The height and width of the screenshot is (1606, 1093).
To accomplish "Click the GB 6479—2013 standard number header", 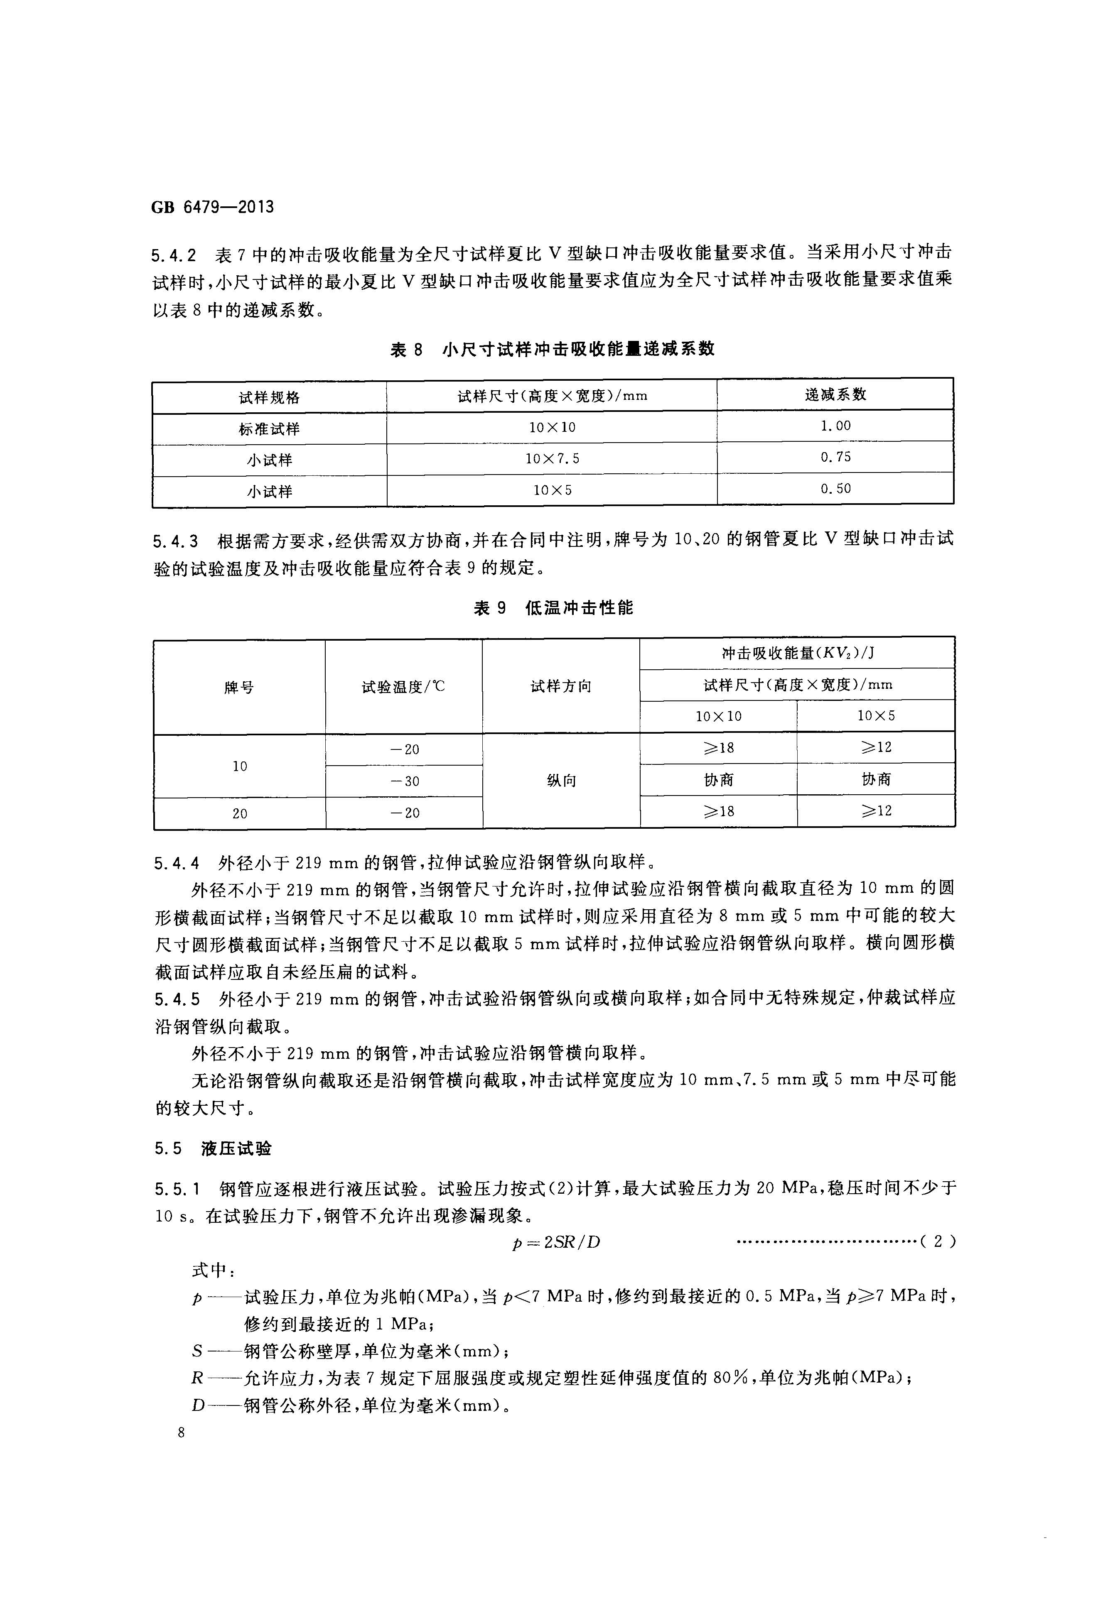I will click(212, 207).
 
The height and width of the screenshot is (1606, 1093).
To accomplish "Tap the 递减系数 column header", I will click(835, 394).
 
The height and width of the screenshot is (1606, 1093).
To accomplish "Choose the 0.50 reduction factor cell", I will click(835, 489).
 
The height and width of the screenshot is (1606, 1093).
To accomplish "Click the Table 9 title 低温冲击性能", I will click(553, 608).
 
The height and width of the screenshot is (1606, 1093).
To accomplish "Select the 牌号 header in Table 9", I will click(239, 687).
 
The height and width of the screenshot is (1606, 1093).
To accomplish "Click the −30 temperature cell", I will click(405, 781).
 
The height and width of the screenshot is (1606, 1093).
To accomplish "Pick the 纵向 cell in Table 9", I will click(561, 781).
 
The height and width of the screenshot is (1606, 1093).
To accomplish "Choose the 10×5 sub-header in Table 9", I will click(876, 716).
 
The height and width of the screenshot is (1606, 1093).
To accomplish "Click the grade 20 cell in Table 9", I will click(239, 813).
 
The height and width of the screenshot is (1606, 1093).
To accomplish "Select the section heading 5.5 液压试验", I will click(213, 1148).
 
